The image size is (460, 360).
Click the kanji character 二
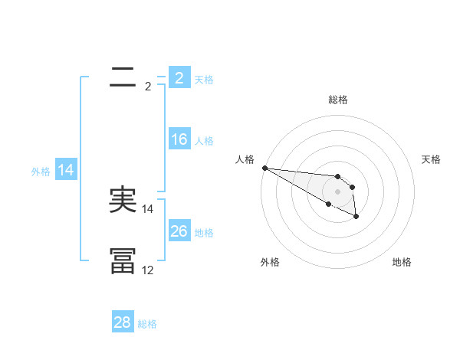pyautogui.click(x=123, y=77)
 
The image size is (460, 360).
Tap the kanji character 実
pyautogui.click(x=123, y=200)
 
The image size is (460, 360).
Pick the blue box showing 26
pyautogui.click(x=179, y=231)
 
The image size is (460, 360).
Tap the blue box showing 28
pyautogui.click(x=123, y=322)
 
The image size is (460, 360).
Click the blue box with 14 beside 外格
pyautogui.click(x=66, y=170)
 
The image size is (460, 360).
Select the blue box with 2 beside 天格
pyautogui.click(x=179, y=77)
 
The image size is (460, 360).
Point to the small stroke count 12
pyautogui.click(x=147, y=270)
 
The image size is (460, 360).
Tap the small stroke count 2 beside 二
pyautogui.click(x=147, y=87)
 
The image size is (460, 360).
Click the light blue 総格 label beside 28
pyautogui.click(x=147, y=324)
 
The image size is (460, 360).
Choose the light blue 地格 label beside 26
pyautogui.click(x=204, y=232)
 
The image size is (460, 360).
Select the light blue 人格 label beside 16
pyautogui.click(x=204, y=140)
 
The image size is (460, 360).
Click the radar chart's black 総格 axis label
pyautogui.click(x=338, y=100)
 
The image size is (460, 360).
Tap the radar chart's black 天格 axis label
pyautogui.click(x=431, y=159)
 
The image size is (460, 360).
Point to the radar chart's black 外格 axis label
pyautogui.click(x=270, y=262)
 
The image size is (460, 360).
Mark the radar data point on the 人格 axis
pyautogui.click(x=264, y=168)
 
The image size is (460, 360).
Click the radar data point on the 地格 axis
pyautogui.click(x=356, y=218)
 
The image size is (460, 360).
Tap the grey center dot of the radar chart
pyautogui.click(x=338, y=191)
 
